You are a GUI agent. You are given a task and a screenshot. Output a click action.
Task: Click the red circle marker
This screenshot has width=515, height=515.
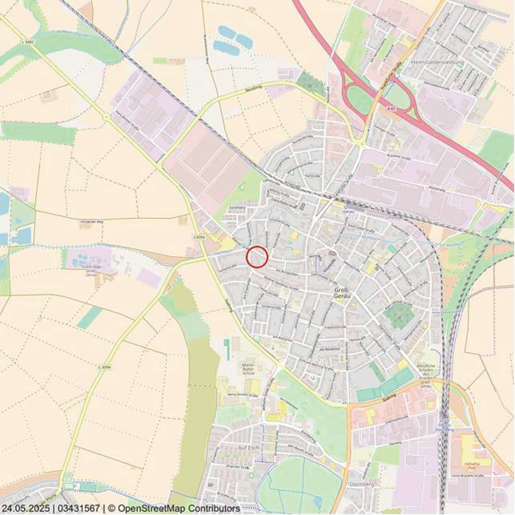tap(257, 257)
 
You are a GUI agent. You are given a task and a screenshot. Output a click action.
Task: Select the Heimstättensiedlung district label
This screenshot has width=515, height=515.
tap(437, 62)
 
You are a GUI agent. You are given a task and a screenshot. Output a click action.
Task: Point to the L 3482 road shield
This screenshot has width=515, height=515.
tap(28, 42)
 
